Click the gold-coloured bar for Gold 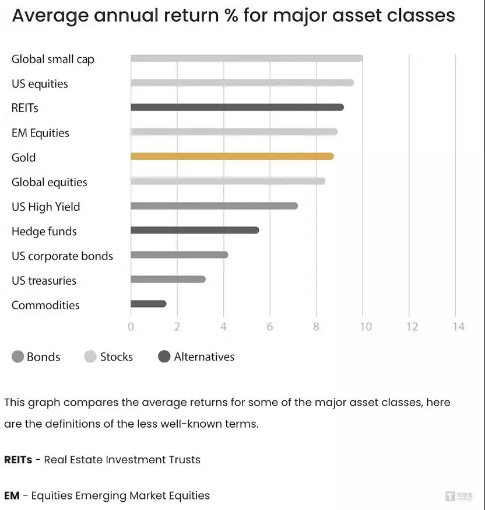pos(232,156)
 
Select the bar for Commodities pos(149,303)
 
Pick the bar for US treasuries pos(168,279)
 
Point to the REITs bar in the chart pos(237,107)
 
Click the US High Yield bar pos(214,205)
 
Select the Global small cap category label pos(52,60)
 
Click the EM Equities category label pos(40,133)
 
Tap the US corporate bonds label pos(62,256)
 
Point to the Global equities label pos(49,183)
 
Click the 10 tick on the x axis pos(365,327)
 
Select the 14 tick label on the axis pos(458,327)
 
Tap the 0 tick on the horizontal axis pos(131,327)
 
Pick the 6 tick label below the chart pos(270,327)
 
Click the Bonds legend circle pos(18,357)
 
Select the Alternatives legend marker pos(164,357)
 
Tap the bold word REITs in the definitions pos(18,460)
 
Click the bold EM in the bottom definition pos(12,495)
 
